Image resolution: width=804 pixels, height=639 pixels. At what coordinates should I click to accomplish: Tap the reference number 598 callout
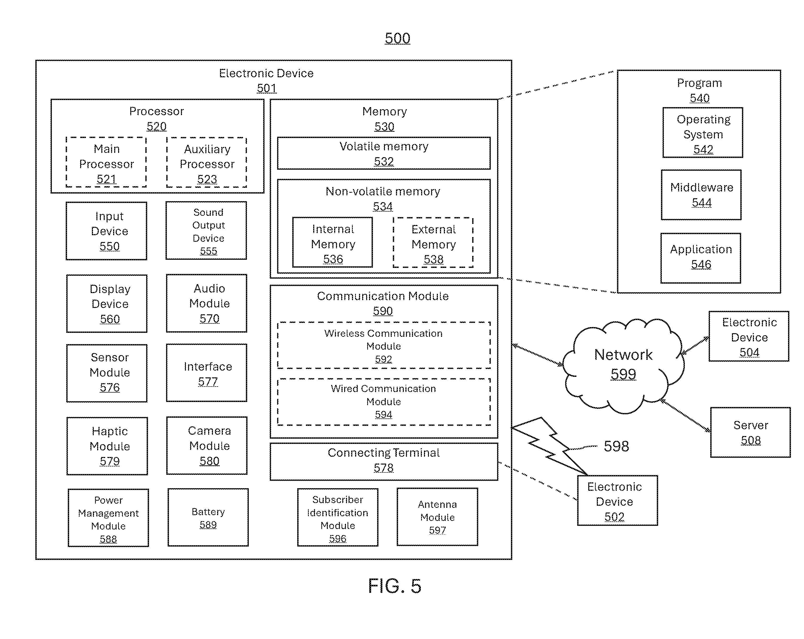click(616, 446)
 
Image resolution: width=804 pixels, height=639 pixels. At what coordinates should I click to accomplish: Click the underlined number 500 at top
click(398, 38)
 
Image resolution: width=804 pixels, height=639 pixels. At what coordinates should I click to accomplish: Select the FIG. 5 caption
click(395, 585)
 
